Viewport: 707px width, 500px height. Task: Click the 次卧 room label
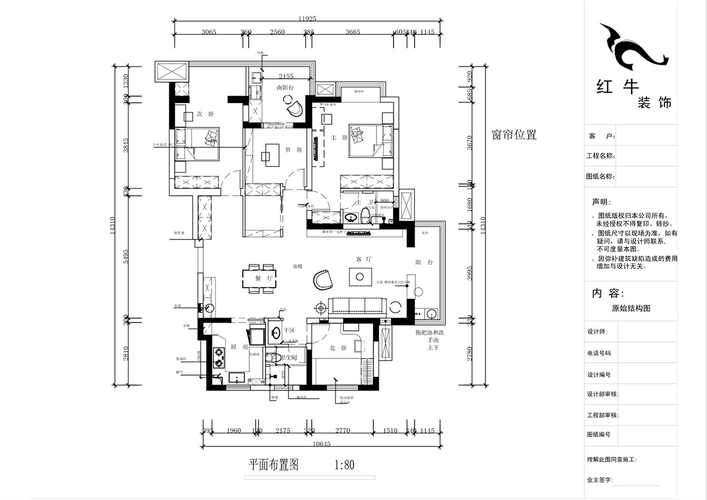[x=204, y=113]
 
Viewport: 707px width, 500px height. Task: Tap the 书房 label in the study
[x=293, y=150]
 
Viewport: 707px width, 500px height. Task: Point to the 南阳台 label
[x=285, y=87]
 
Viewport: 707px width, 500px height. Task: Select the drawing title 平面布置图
[x=273, y=465]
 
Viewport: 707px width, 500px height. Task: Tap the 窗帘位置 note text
[x=514, y=134]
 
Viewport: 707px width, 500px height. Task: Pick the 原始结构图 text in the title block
[x=631, y=308]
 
